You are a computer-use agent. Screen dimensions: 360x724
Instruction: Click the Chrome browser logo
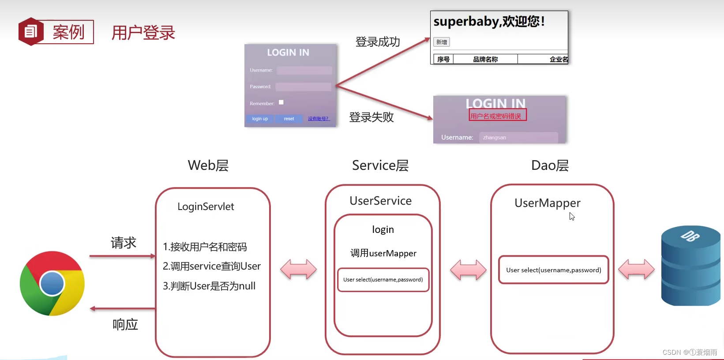coord(52,283)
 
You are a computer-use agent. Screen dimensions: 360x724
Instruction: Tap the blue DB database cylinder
coord(690,266)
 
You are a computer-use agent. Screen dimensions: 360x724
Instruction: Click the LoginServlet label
coord(206,206)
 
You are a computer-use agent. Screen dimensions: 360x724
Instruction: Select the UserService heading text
coord(380,201)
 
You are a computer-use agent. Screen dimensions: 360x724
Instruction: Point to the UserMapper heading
coord(547,203)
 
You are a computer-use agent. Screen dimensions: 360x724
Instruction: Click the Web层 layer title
coord(208,165)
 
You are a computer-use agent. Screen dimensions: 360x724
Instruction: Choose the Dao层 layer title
coord(550,165)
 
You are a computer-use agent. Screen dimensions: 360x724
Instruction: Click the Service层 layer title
coord(380,165)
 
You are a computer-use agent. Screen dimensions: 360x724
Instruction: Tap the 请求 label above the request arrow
coord(123,243)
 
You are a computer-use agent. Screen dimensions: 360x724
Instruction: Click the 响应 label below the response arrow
coord(125,325)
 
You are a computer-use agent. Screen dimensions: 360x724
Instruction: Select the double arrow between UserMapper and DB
coord(636,269)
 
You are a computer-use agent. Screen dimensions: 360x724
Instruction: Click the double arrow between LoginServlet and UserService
coord(298,269)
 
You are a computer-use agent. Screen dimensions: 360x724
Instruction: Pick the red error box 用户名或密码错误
coord(498,116)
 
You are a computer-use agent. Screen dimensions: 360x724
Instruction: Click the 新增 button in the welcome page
coord(442,42)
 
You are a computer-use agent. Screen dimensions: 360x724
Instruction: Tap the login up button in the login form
coord(260,119)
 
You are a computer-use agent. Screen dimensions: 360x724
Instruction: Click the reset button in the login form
coord(289,119)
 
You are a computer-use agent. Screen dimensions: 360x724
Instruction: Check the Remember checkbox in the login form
coord(281,102)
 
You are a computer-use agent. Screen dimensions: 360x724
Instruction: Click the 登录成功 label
coord(378,42)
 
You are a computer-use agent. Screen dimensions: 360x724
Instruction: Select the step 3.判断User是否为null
coord(209,286)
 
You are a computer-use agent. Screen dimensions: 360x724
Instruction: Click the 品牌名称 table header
coord(485,59)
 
